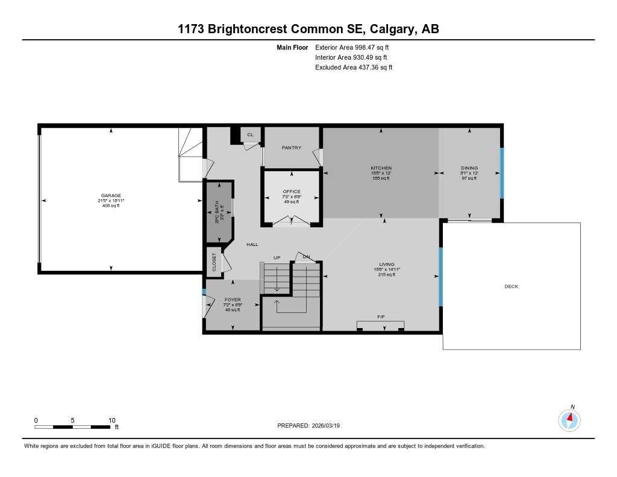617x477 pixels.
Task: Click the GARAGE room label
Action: [111, 195]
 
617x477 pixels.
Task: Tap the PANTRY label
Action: [292, 148]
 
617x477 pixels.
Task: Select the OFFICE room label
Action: [292, 192]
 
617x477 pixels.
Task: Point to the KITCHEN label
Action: [381, 168]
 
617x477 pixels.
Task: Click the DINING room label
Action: [469, 168]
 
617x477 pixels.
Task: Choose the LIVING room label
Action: [386, 264]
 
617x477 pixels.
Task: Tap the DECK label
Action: [511, 286]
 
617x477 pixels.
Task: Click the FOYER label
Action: [233, 300]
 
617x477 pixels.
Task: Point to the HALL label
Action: [252, 244]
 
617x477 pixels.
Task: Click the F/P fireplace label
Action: [381, 316]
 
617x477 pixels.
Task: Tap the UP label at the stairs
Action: [277, 257]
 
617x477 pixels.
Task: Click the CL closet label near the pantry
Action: [250, 134]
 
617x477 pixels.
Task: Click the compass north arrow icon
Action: [569, 419]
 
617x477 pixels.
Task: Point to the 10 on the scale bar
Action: [111, 420]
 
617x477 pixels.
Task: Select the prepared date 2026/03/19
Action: [330, 425]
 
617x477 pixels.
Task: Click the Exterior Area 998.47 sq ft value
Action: [356, 47]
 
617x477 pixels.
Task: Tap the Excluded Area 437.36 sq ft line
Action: [354, 68]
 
